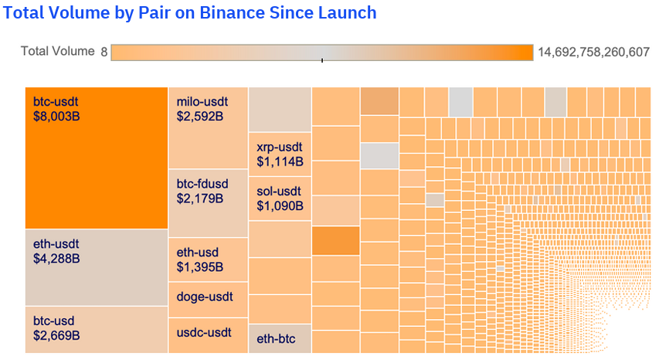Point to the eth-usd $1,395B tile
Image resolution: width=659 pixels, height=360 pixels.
click(x=208, y=260)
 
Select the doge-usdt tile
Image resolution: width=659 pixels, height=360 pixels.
click(x=208, y=297)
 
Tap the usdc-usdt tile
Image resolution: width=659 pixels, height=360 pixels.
click(x=208, y=334)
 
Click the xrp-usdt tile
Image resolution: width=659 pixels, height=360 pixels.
click(x=279, y=155)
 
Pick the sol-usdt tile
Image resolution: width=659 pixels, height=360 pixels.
click(x=279, y=199)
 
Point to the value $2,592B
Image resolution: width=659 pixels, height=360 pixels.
click(x=199, y=116)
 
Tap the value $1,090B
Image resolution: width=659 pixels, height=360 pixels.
click(x=280, y=206)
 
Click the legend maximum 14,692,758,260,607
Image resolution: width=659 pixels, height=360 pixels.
click(x=593, y=52)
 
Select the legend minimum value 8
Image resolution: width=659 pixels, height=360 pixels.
click(x=104, y=52)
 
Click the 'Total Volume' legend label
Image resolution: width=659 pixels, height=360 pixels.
click(x=56, y=52)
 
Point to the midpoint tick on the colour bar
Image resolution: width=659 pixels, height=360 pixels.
click(x=322, y=59)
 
